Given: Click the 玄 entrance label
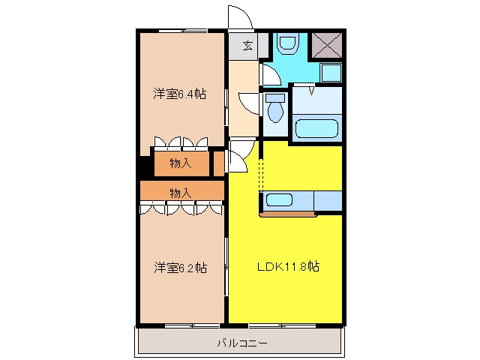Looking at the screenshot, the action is [247, 46].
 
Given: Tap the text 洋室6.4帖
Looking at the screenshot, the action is [180, 94].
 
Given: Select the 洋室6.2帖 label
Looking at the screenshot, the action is [180, 268].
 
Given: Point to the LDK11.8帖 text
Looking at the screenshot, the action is [288, 267].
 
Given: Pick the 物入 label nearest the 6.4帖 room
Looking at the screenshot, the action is [181, 163].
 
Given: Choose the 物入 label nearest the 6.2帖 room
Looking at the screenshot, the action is [181, 193].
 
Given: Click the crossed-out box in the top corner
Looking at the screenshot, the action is [327, 45].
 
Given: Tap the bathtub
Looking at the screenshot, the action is [317, 128].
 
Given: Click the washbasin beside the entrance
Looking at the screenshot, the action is [288, 43].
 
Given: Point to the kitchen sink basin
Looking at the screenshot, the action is [279, 200].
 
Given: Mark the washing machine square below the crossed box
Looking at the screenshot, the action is [331, 73].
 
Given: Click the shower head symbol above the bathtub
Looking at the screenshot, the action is [312, 91].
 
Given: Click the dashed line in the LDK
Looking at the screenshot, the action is [261, 175].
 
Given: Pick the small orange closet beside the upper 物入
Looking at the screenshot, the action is [218, 163].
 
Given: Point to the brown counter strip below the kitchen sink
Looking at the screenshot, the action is [288, 214].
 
